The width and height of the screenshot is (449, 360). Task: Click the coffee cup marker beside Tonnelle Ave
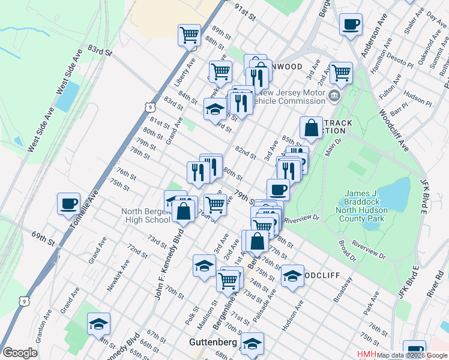[69, 203]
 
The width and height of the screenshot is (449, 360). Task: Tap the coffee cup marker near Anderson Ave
[351, 24]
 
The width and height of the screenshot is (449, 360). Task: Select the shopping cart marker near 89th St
[190, 35]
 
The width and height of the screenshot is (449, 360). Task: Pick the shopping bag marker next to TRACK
[312, 127]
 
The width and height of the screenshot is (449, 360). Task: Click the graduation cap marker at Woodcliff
[292, 275]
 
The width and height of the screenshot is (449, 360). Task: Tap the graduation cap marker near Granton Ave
[98, 324]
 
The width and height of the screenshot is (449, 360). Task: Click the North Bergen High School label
[146, 215]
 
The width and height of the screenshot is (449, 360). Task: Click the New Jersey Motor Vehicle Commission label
[289, 97]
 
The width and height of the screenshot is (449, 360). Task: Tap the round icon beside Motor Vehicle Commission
[334, 95]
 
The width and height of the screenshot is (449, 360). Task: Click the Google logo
[20, 353]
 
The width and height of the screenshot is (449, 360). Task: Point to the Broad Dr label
[346, 251]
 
